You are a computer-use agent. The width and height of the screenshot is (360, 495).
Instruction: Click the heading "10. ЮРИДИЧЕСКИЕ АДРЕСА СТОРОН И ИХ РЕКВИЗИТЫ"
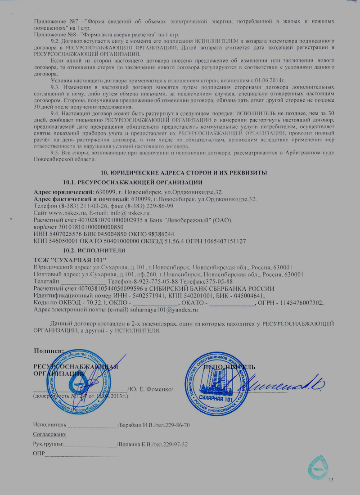point(184,173)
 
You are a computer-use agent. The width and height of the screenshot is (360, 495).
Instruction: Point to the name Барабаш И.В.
point(135,425)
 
